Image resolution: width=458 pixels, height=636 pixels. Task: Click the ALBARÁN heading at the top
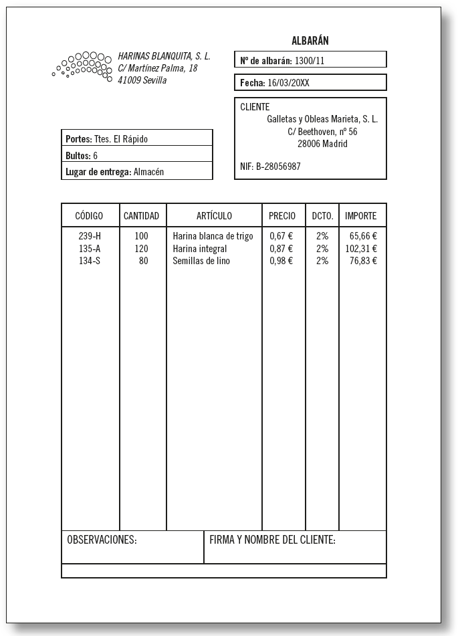[310, 41]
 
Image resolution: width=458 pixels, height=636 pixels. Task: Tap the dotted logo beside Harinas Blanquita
[82, 66]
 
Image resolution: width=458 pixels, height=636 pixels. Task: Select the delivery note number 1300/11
[310, 61]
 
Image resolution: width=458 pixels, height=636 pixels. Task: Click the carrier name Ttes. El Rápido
[120, 139]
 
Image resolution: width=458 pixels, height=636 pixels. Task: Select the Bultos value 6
[96, 156]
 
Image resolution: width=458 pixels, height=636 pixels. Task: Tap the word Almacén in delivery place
[148, 172]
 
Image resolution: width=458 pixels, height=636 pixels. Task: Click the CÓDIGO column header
[89, 216]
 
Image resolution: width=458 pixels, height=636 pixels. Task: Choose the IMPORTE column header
[361, 216]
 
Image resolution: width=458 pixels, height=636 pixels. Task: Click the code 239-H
[90, 236]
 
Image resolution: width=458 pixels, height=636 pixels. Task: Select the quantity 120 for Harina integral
[141, 249]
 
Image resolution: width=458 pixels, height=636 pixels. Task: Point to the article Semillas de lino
[201, 261]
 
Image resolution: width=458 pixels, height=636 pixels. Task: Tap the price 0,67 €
[281, 236]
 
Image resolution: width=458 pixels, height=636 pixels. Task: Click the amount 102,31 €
[361, 249]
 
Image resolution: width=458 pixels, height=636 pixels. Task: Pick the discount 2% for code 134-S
[322, 261]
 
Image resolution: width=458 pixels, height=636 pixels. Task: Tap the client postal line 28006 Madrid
[322, 144]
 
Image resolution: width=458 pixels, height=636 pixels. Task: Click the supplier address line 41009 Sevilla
[142, 80]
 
